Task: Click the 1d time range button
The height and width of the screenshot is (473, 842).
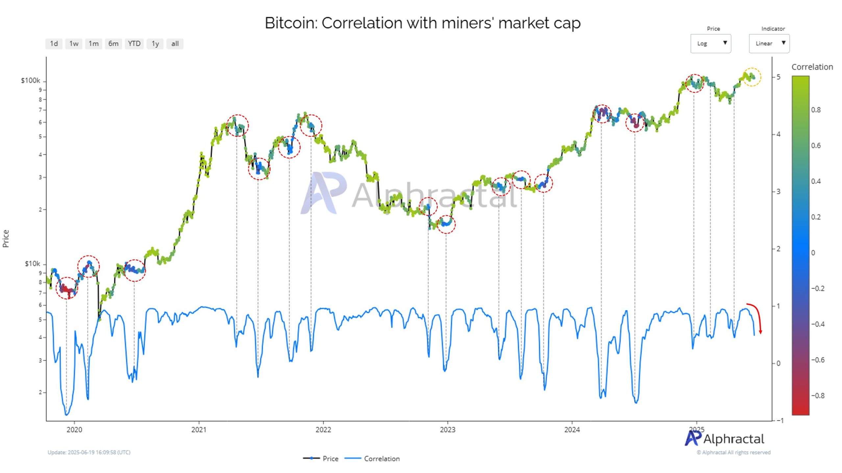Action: click(54, 44)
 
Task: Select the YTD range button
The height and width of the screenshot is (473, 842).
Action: click(134, 44)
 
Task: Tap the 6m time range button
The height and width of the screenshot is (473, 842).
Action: click(113, 44)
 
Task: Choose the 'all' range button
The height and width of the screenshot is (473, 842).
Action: click(175, 44)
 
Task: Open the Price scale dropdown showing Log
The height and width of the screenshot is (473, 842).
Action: click(710, 43)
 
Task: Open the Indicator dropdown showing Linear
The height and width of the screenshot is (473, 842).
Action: click(769, 43)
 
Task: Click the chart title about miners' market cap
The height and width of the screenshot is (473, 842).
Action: click(423, 23)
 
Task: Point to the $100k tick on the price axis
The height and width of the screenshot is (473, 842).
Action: click(31, 80)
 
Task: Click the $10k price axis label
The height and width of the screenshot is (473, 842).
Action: click(32, 264)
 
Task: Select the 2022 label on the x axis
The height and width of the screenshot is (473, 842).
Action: click(323, 430)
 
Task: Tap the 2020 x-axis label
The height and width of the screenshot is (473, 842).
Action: click(74, 430)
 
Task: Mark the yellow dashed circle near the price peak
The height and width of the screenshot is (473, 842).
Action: click(752, 77)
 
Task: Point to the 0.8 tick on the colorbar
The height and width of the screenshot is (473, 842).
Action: click(816, 110)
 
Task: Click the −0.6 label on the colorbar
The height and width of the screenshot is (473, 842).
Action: click(817, 360)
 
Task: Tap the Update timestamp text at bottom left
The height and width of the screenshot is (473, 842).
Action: click(89, 452)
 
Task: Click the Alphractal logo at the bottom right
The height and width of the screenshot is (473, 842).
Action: click(724, 439)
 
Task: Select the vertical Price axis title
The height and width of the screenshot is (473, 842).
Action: click(6, 238)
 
